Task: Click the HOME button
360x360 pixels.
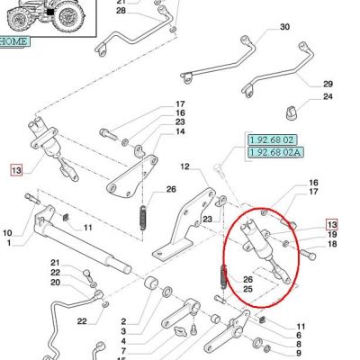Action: (13, 41)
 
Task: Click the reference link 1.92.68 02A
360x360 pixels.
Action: (275, 152)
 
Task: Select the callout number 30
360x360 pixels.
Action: (284, 27)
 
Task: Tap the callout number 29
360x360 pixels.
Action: (328, 84)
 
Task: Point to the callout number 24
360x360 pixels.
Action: (328, 96)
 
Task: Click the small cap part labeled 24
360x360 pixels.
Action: (290, 112)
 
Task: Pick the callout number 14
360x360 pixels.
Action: (180, 131)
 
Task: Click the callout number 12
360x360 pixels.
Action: (185, 166)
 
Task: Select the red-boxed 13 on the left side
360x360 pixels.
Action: (16, 170)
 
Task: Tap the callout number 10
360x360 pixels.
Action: (8, 233)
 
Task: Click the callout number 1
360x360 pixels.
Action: (8, 242)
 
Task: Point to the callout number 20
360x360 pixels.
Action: (55, 283)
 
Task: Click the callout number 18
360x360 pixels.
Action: (332, 244)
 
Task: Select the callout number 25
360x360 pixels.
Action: (247, 289)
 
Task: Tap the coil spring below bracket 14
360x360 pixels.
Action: (144, 217)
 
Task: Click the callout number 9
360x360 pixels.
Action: (298, 353)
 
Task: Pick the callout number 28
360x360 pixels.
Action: (121, 11)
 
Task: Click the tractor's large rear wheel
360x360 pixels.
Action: (68, 15)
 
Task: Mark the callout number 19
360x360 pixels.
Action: (332, 235)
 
